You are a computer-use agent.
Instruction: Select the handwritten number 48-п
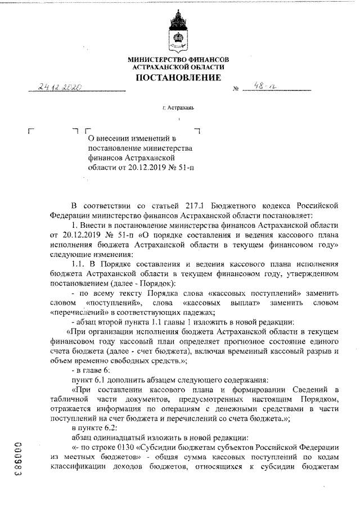pyautogui.click(x=262, y=88)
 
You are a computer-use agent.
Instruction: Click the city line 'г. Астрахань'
pyautogui.click(x=177, y=108)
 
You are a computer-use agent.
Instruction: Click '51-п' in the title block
pyautogui.click(x=188, y=166)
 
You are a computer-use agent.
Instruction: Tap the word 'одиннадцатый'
pyautogui.click(x=121, y=438)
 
